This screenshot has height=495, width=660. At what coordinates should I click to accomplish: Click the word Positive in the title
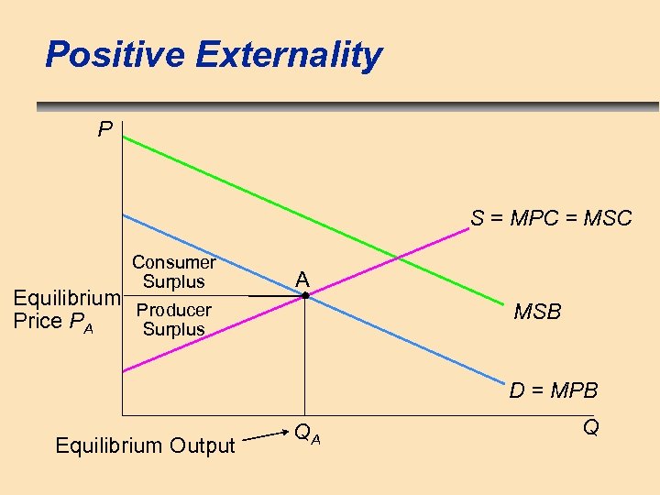tap(116, 56)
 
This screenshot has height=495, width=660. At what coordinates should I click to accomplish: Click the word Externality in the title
tap(289, 56)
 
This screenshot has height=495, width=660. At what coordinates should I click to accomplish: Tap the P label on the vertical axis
tap(105, 130)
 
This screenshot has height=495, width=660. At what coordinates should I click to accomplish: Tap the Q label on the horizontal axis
tap(591, 427)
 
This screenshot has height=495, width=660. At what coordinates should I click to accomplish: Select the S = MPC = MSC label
tap(551, 218)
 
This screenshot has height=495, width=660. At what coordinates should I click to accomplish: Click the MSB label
tap(537, 313)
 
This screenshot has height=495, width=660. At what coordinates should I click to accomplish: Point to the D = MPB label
tap(554, 390)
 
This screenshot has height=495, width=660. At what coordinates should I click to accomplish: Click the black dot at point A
tap(306, 295)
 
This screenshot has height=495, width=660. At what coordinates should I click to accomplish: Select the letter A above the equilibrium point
tap(302, 279)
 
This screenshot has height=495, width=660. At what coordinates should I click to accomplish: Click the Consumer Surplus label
tap(173, 271)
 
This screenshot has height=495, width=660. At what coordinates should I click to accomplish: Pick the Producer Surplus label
tap(173, 319)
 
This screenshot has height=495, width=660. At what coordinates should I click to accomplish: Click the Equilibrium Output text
tap(146, 445)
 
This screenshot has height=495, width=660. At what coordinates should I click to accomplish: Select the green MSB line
tap(275, 200)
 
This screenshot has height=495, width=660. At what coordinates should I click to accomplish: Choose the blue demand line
tap(211, 252)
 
